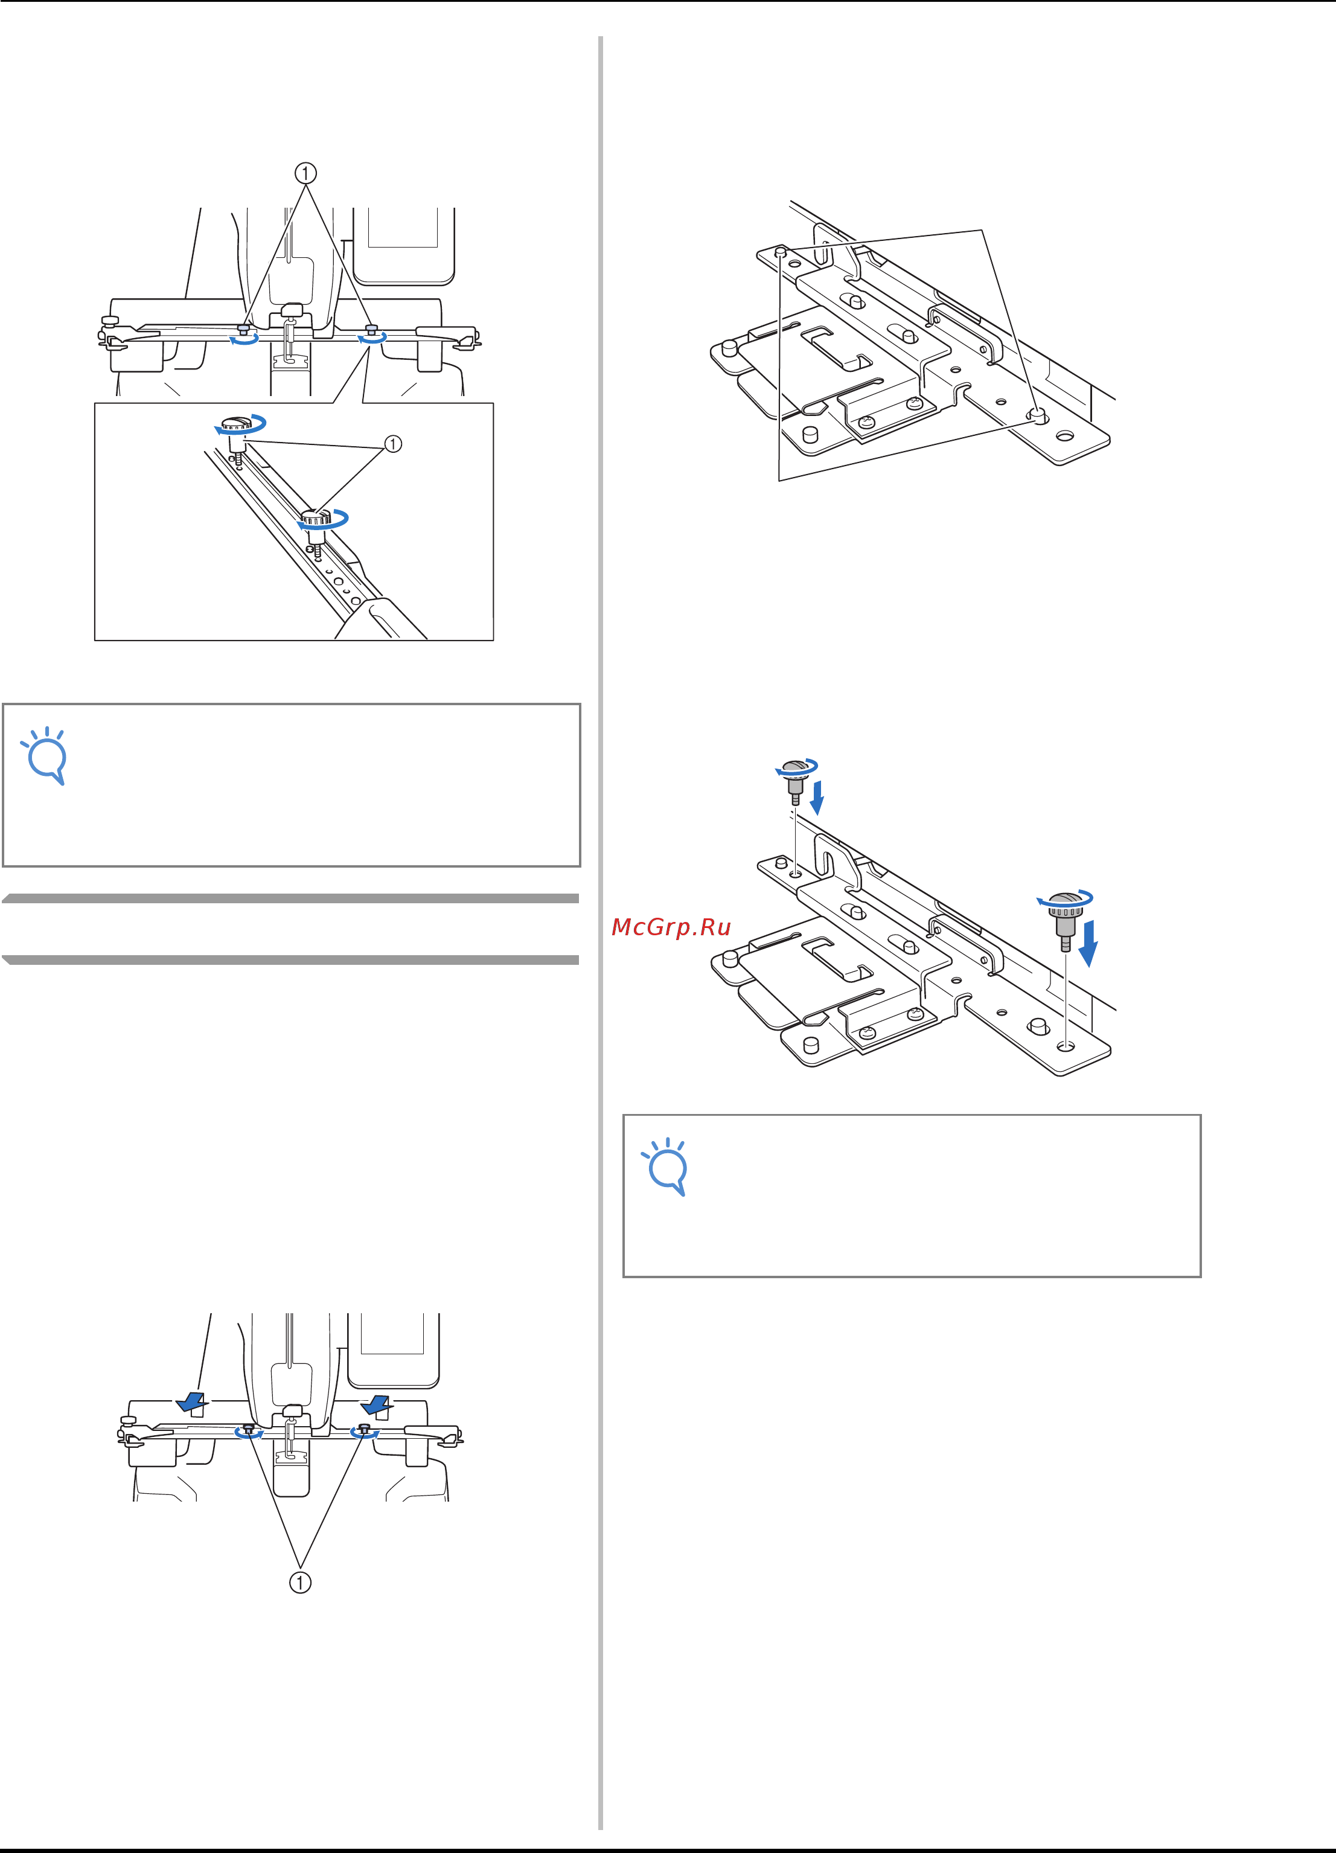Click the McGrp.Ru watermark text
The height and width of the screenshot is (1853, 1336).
[x=671, y=927]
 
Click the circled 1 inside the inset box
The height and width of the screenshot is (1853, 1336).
[x=393, y=444]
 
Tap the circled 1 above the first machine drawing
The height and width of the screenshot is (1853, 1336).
[x=305, y=173]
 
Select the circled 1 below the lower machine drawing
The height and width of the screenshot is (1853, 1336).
[x=301, y=1583]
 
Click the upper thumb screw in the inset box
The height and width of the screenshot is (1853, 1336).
[x=238, y=437]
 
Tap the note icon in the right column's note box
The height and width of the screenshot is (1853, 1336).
[x=666, y=1167]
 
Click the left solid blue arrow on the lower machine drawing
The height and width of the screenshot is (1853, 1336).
[x=191, y=1403]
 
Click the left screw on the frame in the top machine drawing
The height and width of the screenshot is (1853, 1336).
[x=243, y=330]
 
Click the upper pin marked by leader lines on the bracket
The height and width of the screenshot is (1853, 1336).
[x=781, y=252]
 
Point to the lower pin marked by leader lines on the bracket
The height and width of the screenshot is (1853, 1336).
[x=1038, y=416]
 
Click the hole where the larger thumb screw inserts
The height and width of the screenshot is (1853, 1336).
[x=1066, y=1046]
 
